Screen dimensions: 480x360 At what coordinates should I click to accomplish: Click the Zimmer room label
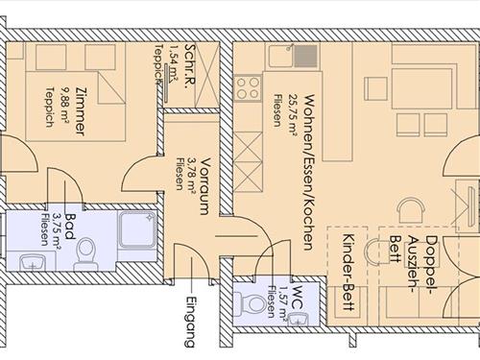tap(80, 110)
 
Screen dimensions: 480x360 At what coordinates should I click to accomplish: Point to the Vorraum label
tap(205, 185)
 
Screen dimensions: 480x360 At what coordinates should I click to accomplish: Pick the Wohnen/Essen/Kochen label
tap(307, 172)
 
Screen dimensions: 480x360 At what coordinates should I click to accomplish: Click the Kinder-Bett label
tap(348, 272)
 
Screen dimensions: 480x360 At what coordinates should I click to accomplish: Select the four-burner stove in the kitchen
tap(248, 87)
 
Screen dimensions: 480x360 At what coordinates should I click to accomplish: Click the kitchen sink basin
tap(281, 56)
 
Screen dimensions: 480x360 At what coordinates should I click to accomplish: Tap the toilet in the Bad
tap(85, 253)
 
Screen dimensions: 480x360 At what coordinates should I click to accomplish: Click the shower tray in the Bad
tap(138, 228)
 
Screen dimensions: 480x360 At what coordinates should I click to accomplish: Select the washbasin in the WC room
tap(299, 320)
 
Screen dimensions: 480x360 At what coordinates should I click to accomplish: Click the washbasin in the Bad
tap(32, 262)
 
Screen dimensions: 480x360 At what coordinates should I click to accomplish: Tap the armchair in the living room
tap(411, 209)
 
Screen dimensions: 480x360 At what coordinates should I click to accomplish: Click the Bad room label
tap(70, 227)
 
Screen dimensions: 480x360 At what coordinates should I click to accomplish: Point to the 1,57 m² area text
tap(283, 301)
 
